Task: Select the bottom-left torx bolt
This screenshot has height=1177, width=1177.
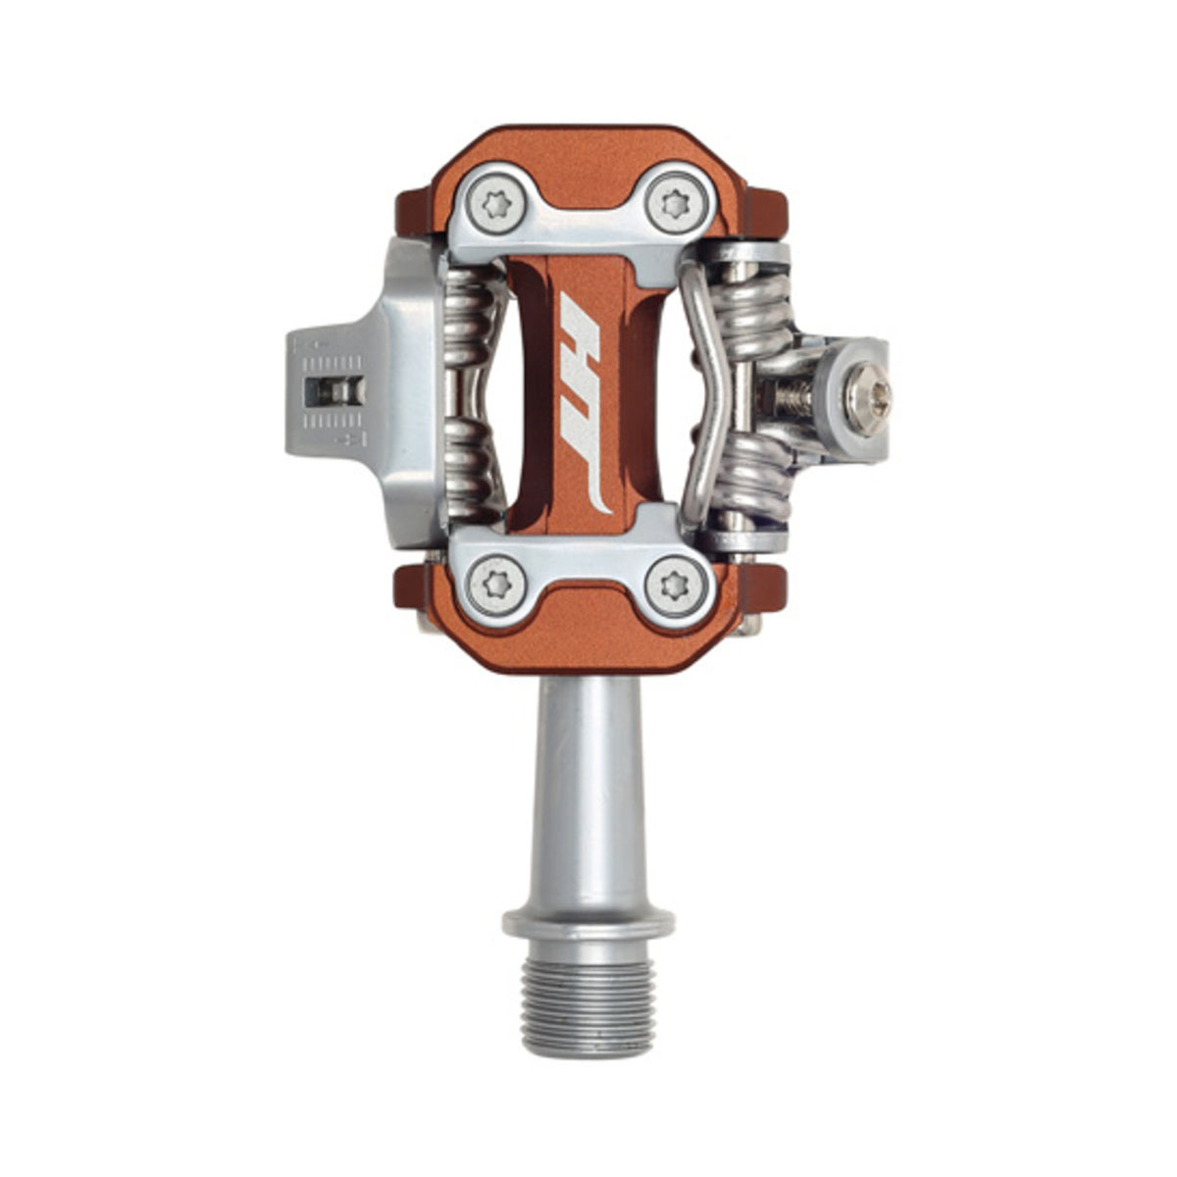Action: coord(496,586)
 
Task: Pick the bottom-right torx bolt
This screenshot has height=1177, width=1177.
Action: coord(677,586)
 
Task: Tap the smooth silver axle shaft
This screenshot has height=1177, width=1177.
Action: coord(588,794)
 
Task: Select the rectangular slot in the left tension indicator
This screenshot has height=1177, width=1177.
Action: coord(334,391)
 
